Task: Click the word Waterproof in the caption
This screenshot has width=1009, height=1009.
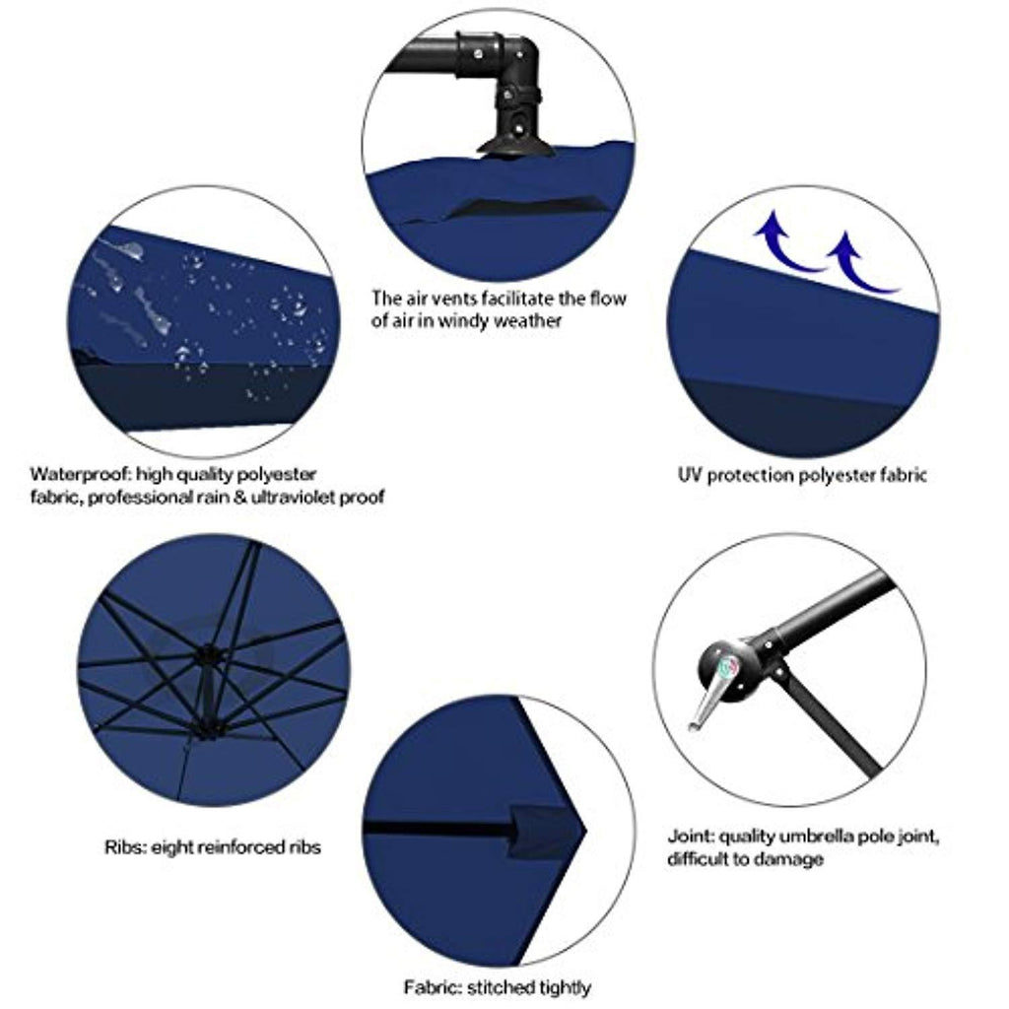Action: pyautogui.click(x=81, y=475)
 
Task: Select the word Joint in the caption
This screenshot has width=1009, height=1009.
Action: pyautogui.click(x=691, y=837)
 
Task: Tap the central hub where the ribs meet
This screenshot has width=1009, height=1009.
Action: pyautogui.click(x=207, y=656)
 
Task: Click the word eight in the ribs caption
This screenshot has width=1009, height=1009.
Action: pyautogui.click(x=171, y=847)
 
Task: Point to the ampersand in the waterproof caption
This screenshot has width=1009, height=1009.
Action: pyautogui.click(x=240, y=498)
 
